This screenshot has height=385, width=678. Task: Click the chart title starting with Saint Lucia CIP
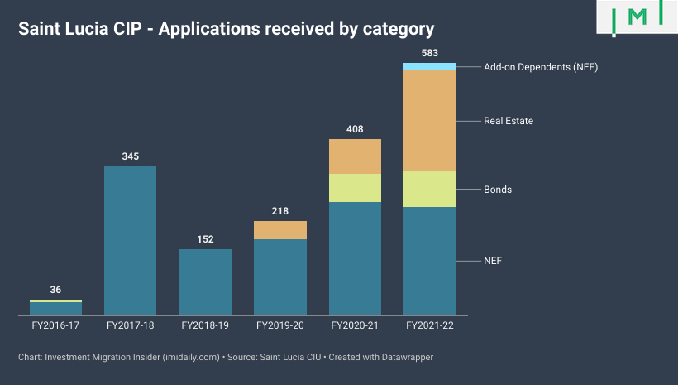coord(227,29)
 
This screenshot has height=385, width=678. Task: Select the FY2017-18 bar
coord(130,240)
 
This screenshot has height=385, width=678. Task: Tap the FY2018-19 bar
coord(205,282)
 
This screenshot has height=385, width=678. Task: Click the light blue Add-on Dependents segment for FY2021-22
coord(430,67)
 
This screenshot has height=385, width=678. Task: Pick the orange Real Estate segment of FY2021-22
coord(430,121)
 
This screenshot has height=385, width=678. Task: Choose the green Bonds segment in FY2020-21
coord(355,188)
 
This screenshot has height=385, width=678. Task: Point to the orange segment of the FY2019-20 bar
coord(280,230)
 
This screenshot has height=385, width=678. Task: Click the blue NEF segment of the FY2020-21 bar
coord(355,258)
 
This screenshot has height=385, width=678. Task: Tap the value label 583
coord(430,54)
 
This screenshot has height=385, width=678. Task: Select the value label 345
coord(130,156)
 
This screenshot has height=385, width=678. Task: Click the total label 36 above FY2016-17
coord(55,290)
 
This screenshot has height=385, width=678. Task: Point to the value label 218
coord(280,211)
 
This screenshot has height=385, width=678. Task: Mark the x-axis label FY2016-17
coord(55,326)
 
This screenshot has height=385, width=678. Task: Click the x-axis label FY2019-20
coord(280,326)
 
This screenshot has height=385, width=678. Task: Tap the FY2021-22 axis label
coord(430,326)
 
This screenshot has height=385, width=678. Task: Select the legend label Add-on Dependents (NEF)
coord(540,67)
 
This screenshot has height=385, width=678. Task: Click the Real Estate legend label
coord(508,121)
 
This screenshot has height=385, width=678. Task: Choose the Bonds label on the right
coord(498,190)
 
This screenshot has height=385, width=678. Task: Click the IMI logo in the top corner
coord(637,17)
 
